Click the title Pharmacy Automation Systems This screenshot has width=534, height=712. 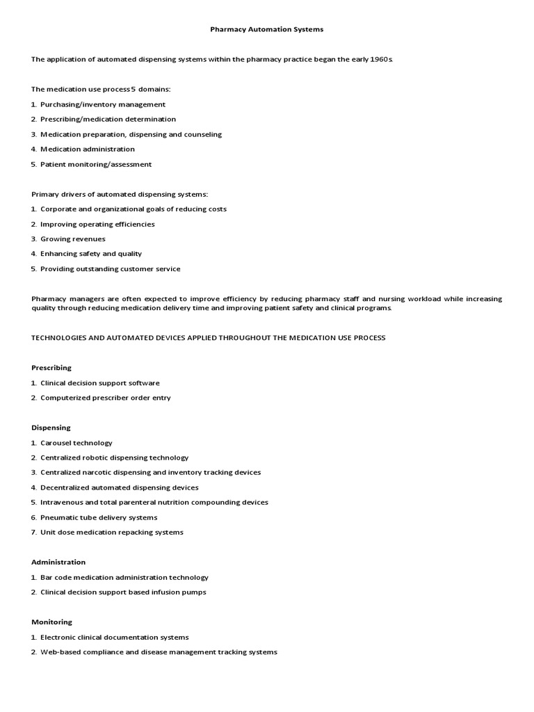point(267,30)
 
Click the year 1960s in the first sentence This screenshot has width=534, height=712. point(380,60)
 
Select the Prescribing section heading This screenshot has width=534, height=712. point(51,368)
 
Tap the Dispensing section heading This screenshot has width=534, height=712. point(51,428)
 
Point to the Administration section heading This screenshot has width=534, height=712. point(58,562)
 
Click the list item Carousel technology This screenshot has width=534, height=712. point(76,443)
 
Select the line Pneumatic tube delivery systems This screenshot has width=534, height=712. point(99,517)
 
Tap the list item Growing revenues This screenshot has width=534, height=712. point(72,239)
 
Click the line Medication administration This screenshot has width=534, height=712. point(87,149)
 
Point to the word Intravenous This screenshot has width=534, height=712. point(63,502)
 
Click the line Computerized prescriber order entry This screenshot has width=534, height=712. point(105,398)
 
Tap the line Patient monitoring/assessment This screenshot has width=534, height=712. point(95,164)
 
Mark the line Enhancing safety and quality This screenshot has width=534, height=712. point(90,254)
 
